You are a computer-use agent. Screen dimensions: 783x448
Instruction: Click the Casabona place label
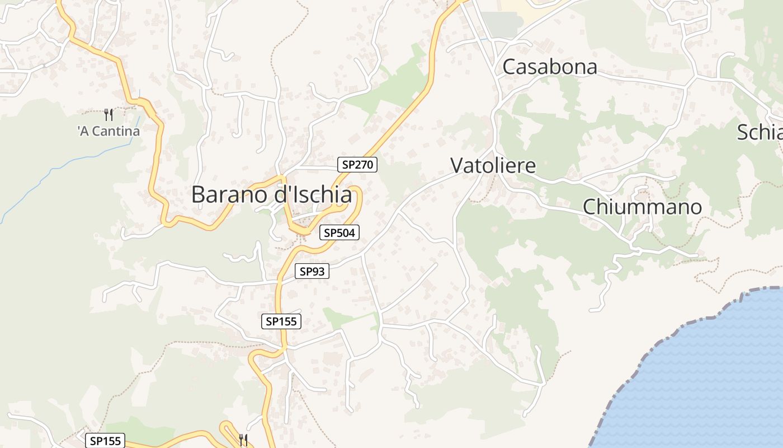[x=550, y=67]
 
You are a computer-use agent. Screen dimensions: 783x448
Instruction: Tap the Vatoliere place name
[x=493, y=166]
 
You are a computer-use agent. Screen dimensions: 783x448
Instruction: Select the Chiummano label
[x=642, y=207]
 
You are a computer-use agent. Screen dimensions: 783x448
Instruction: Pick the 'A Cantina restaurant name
[x=109, y=132]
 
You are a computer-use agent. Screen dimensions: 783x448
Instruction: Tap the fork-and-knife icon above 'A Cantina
[x=109, y=115]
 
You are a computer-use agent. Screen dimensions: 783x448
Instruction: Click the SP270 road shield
[x=357, y=165]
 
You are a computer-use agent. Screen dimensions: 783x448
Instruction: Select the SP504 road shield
[x=339, y=232]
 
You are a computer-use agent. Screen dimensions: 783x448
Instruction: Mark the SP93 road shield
[x=312, y=272]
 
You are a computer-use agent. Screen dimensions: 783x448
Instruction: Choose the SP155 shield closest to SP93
[x=281, y=321]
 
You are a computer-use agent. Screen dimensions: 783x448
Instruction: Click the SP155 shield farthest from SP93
[x=105, y=441]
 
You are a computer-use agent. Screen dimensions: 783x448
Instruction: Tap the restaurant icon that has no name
[x=243, y=440]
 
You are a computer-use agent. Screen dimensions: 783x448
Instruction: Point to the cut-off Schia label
[x=760, y=133]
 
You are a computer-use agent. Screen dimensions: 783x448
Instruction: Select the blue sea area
[x=710, y=381]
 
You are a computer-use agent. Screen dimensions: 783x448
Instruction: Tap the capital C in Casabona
[x=510, y=67]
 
